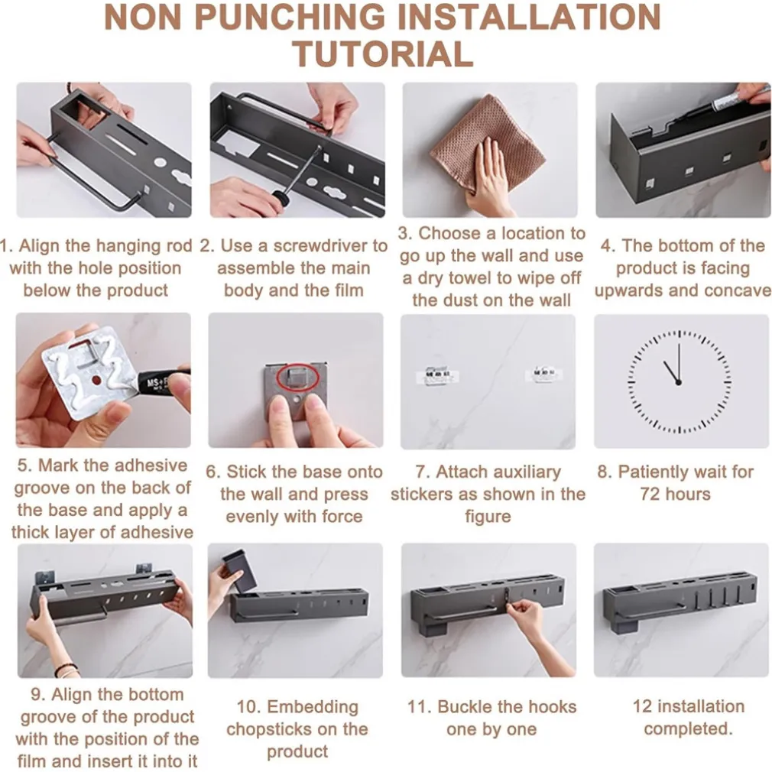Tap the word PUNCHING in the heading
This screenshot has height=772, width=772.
click(x=290, y=17)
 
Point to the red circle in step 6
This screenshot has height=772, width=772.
click(x=298, y=378)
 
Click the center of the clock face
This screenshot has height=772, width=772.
click(x=679, y=382)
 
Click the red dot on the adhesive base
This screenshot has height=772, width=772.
click(x=96, y=381)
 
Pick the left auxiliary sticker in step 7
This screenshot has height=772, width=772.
click(x=437, y=375)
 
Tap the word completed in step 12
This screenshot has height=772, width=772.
click(x=688, y=728)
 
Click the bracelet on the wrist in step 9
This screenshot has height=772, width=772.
click(x=66, y=669)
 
